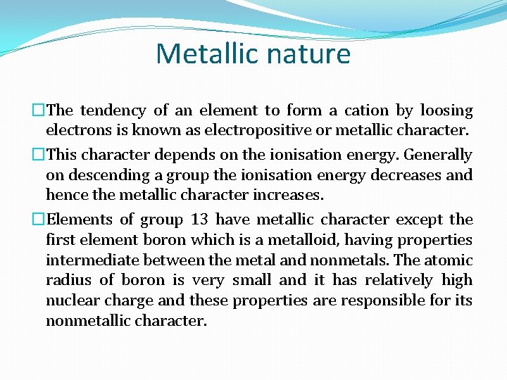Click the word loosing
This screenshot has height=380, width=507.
[446, 110]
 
